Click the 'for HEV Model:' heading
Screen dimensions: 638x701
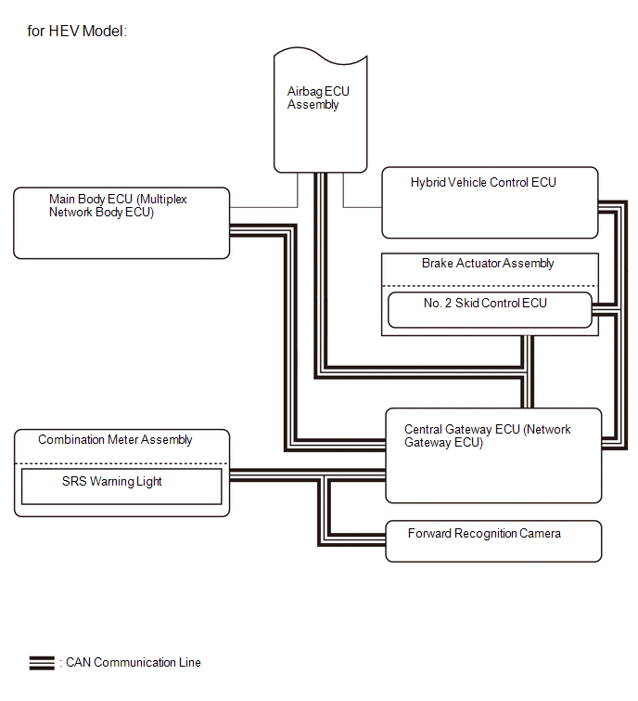pos(77,31)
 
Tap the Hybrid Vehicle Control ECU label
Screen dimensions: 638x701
pos(483,182)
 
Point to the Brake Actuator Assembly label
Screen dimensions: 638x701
pos(488,264)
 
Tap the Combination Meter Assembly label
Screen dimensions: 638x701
pos(115,440)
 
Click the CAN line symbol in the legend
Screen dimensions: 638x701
pos(42,663)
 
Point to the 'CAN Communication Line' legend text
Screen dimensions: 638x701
pos(133,663)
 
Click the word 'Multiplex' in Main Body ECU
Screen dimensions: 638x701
pos(163,199)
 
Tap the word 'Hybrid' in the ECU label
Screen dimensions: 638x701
pos(427,182)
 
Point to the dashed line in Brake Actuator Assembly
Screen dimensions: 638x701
pos(490,286)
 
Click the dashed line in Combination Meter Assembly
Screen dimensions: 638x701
pos(121,463)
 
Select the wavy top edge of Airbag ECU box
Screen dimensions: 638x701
pos(320,56)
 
